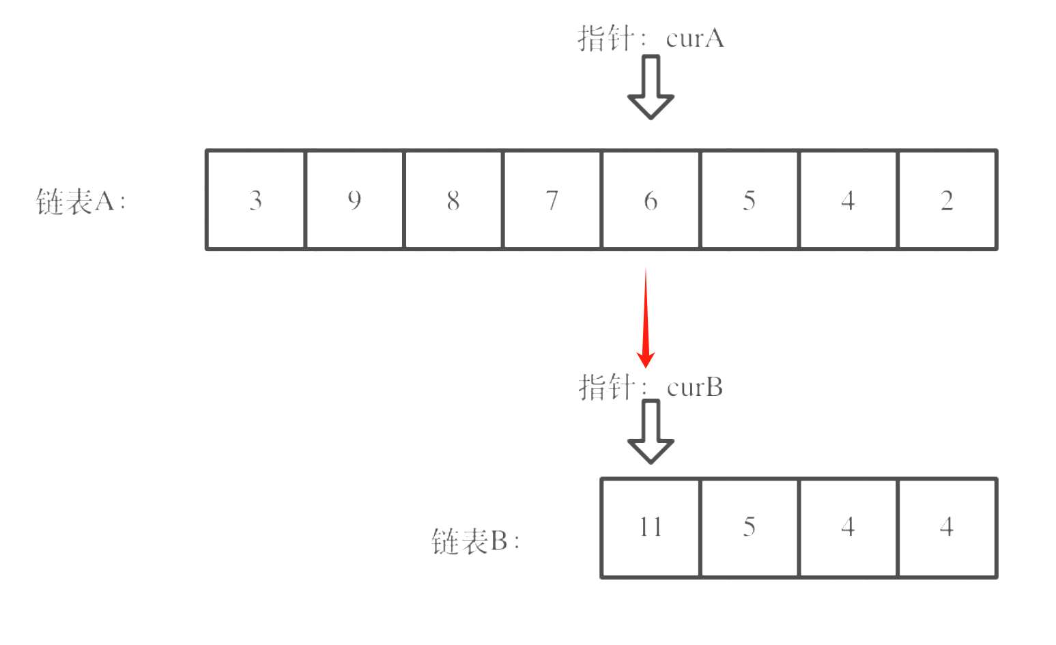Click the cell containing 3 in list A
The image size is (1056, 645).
pyautogui.click(x=256, y=200)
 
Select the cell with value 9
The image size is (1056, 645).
pyautogui.click(x=354, y=200)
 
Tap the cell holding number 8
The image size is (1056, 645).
pyautogui.click(x=453, y=200)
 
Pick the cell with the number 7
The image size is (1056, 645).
pyautogui.click(x=552, y=200)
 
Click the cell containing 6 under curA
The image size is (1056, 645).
pyautogui.click(x=651, y=200)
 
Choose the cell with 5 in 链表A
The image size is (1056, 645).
pyautogui.click(x=749, y=200)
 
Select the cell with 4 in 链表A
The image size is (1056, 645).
pyautogui.click(x=848, y=200)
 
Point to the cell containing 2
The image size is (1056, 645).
pyautogui.click(x=947, y=200)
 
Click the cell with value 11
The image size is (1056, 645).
pyautogui.click(x=651, y=528)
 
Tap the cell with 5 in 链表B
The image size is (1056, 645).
pyautogui.click(x=749, y=528)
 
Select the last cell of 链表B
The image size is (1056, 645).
pyautogui.click(x=947, y=528)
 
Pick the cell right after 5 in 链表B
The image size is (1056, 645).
pyautogui.click(x=848, y=528)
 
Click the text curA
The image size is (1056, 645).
pyautogui.click(x=694, y=38)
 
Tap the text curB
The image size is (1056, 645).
pyautogui.click(x=694, y=388)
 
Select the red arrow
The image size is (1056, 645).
pyautogui.click(x=646, y=317)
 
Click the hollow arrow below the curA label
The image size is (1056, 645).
pyautogui.click(x=651, y=87)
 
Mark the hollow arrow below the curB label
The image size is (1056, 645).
pyautogui.click(x=651, y=431)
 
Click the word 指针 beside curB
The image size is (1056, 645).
pyautogui.click(x=606, y=388)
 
